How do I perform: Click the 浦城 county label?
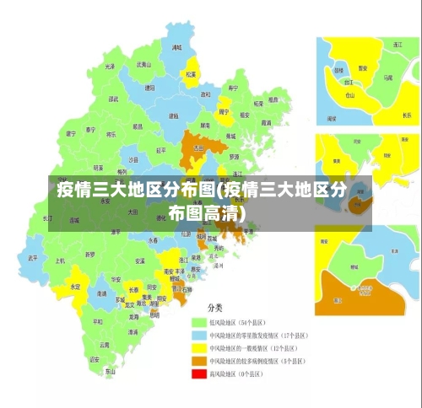click(x=176, y=49)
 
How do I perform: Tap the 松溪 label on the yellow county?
click(x=192, y=74)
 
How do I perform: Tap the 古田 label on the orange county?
click(x=198, y=148)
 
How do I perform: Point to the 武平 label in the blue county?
click(x=33, y=258)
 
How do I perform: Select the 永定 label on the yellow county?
click(x=76, y=287)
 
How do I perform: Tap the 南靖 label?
click(x=102, y=293)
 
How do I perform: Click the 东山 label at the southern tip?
click(x=110, y=370)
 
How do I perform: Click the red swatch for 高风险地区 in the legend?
click(x=199, y=373)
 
